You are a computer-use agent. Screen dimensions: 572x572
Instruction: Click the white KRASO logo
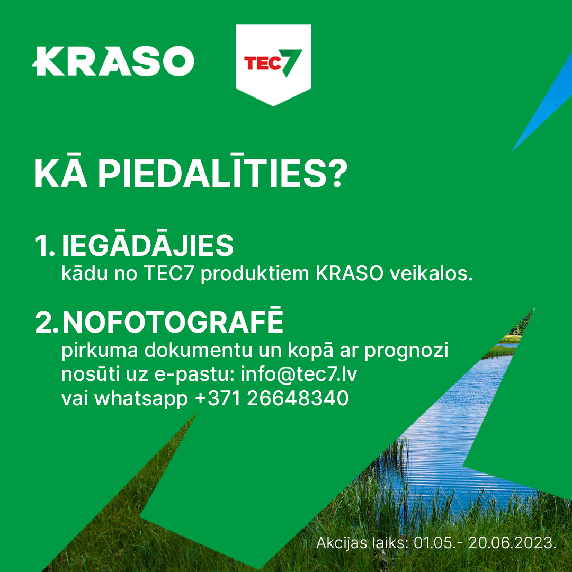113,61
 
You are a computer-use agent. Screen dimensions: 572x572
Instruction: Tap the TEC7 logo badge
273,65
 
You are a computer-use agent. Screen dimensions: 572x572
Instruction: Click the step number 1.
44,246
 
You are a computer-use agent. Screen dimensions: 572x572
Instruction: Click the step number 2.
46,322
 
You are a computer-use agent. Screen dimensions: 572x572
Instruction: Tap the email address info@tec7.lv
299,374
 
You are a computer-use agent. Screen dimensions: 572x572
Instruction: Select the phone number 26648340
298,398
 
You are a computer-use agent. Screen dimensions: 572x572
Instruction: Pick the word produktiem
255,274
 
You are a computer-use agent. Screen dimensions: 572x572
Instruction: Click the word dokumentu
198,350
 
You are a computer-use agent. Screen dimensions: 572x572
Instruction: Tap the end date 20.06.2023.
513,543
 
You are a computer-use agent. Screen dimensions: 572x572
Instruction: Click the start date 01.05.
434,543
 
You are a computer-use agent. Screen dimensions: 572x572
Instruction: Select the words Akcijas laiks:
362,543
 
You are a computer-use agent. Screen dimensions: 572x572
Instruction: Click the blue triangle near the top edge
542,102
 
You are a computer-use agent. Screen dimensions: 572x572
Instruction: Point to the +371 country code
218,398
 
